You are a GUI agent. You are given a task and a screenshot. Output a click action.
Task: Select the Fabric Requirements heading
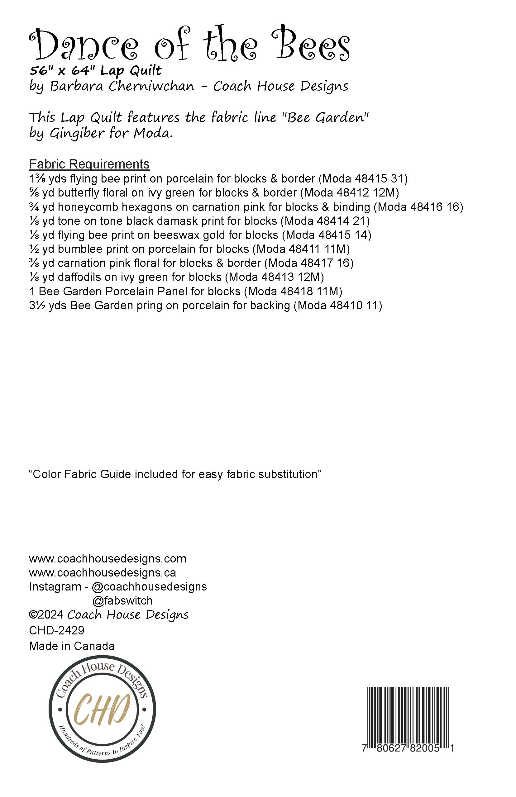[89, 164]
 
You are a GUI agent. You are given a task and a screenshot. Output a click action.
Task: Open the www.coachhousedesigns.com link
[107, 558]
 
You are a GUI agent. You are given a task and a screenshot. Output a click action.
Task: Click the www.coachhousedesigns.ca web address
[103, 573]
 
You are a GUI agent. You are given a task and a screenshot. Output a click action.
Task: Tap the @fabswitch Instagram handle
[122, 601]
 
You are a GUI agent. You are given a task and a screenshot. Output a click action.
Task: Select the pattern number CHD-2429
[57, 630]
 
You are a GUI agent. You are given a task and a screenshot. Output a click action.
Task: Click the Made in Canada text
[72, 646]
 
